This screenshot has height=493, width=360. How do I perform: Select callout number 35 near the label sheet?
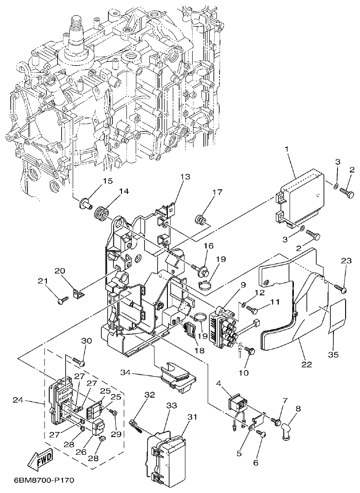pos(333,355)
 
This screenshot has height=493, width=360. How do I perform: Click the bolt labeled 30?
pos(80,361)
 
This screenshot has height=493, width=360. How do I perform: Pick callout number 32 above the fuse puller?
pos(149,395)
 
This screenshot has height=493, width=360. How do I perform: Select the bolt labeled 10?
pos(250,352)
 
